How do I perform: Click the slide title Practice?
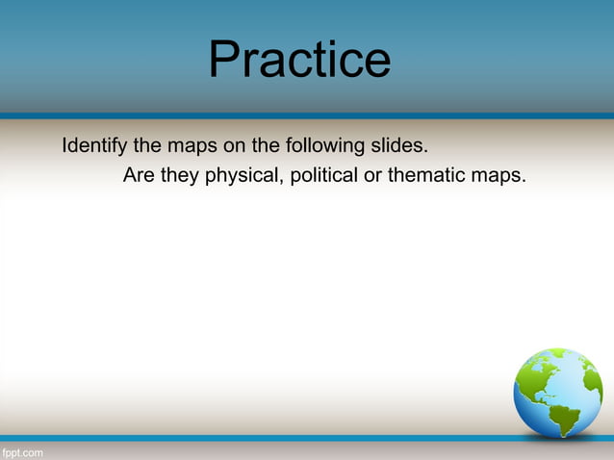pyautogui.click(x=299, y=60)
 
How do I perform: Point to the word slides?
pyautogui.click(x=399, y=147)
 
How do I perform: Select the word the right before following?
pyautogui.click(x=269, y=147)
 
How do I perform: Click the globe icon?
pyautogui.click(x=557, y=393)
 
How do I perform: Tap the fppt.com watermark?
pyautogui.click(x=21, y=452)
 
